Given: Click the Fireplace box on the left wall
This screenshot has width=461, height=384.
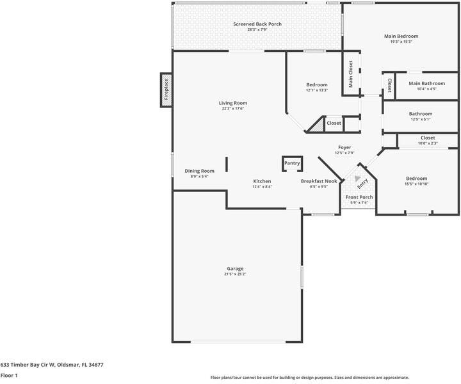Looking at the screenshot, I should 166,90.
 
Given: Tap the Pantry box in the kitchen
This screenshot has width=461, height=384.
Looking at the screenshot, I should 292,164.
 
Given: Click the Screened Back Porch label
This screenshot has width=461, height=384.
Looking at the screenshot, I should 257,24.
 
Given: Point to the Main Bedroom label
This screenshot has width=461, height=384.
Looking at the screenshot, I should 401,36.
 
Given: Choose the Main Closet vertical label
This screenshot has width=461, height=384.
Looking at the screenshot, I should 351,74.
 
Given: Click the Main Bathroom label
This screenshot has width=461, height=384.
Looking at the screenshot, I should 426,83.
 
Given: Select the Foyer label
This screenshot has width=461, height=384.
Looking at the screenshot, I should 344,147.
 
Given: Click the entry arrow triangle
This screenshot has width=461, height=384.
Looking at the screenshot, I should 358,179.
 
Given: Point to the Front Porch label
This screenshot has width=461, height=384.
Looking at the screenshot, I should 359,197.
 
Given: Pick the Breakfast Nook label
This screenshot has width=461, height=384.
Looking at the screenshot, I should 319,181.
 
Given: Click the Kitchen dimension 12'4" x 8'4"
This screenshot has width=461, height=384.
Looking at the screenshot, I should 262,187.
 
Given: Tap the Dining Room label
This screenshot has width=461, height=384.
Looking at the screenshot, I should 199,171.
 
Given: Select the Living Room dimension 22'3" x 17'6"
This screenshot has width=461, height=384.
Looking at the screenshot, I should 233,109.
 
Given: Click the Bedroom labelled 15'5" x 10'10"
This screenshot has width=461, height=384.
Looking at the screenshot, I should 416,179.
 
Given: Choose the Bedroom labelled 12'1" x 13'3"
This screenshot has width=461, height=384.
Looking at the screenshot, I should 316,85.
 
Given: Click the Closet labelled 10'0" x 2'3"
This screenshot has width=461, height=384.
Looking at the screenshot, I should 428,138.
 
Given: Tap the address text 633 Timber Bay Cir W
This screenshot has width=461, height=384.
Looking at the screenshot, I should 52,364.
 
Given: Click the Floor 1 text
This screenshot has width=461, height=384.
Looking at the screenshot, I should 9,376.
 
